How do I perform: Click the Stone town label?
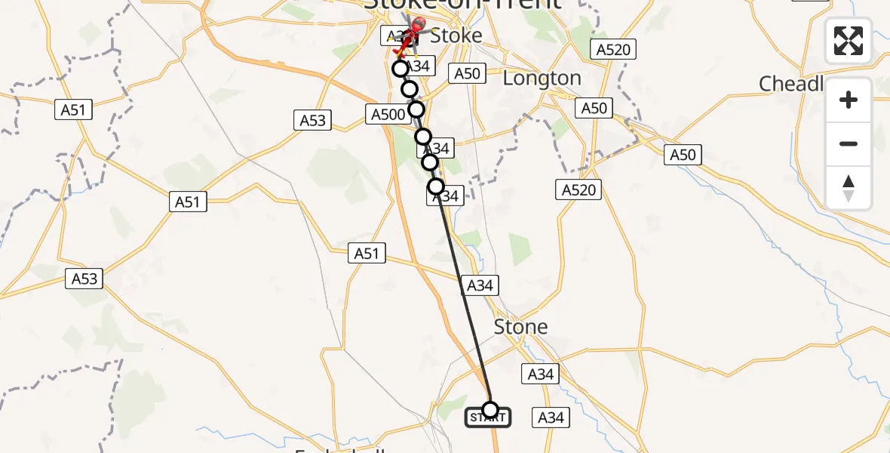coord(520,327)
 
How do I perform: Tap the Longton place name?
coord(542,79)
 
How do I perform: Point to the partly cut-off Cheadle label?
coord(791,83)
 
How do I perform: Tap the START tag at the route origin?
coord(487,418)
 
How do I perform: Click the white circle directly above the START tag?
coord(490,410)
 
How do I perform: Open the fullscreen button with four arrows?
coord(849,41)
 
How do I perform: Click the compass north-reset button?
coord(849,189)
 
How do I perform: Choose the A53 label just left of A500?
coord(313,120)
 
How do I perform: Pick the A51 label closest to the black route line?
coord(367,254)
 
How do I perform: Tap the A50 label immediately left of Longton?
coord(466,73)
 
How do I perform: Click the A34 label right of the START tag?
coord(551,418)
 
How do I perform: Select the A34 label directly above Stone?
coord(480,285)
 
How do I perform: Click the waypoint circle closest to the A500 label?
coord(416,110)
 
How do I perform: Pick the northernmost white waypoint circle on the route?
coord(400,69)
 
